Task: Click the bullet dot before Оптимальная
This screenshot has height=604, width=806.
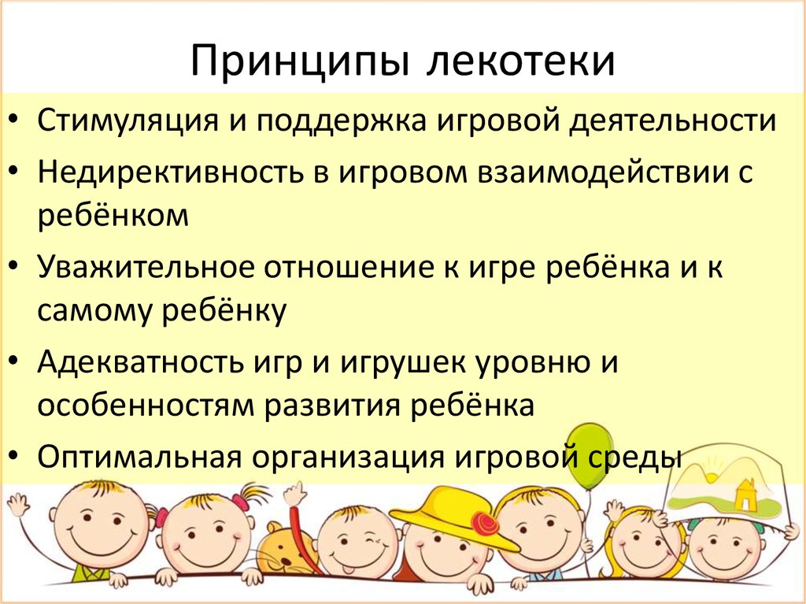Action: [18, 457]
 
